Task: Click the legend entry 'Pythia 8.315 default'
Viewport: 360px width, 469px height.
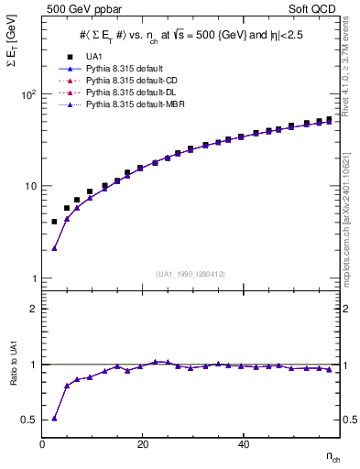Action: tap(122, 69)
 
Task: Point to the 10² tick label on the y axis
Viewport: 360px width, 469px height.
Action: tap(27, 94)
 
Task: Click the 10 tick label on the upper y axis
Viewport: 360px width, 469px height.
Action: tap(29, 186)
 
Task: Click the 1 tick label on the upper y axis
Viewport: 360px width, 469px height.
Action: tap(32, 278)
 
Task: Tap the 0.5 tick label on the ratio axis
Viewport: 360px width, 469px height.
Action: tap(29, 420)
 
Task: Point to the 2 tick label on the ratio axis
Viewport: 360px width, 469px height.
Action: tap(33, 309)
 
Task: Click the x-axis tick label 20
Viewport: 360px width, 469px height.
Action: tap(142, 445)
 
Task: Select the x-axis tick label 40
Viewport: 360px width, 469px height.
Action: tap(242, 445)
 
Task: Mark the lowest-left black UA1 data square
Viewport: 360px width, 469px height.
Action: tap(54, 222)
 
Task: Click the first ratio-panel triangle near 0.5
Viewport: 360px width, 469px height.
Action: tap(54, 418)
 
